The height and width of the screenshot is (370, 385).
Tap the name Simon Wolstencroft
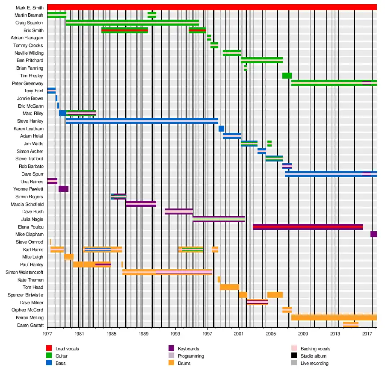24,272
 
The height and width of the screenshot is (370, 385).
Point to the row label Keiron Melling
30,317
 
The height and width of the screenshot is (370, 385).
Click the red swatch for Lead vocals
49,349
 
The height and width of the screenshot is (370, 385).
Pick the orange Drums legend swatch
172,363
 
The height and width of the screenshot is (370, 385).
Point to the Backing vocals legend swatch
294,349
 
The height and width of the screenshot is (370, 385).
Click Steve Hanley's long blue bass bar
142,121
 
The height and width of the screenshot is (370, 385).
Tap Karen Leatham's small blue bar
221,129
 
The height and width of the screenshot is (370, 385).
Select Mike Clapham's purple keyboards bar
373,234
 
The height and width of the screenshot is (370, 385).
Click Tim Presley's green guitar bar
287,76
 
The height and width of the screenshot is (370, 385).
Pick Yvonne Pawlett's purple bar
63,189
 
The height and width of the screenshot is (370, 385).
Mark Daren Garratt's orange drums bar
351,325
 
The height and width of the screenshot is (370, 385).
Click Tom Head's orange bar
229,287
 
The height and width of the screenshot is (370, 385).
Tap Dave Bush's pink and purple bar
178,211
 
